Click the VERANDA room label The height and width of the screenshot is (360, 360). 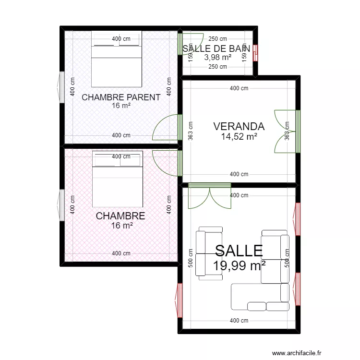(x=239, y=127)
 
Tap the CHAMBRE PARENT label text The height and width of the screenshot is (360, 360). (x=121, y=97)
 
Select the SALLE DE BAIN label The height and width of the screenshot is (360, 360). (x=216, y=48)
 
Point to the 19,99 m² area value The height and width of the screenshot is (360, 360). (x=239, y=266)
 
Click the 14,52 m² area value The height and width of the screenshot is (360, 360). (x=239, y=137)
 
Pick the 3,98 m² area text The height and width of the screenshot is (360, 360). (x=217, y=57)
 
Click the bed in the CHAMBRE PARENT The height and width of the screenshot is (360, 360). (x=117, y=59)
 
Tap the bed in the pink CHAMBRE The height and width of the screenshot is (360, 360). (x=118, y=179)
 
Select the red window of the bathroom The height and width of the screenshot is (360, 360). (x=255, y=53)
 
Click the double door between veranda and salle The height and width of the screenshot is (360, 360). (x=210, y=196)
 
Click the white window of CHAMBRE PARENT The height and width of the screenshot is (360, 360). (x=61, y=87)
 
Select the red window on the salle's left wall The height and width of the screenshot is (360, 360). (x=179, y=300)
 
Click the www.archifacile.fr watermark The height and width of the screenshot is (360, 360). (x=297, y=353)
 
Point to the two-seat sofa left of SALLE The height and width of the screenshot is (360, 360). (x=209, y=253)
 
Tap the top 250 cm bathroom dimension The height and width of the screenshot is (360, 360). (x=217, y=39)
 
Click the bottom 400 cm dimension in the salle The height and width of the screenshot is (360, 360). (x=239, y=321)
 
